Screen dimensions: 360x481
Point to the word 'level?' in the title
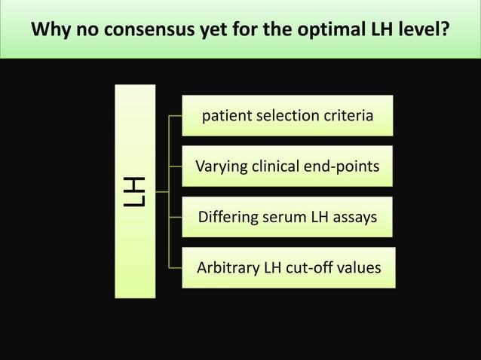click(x=425, y=31)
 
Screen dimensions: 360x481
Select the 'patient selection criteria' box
click(x=287, y=116)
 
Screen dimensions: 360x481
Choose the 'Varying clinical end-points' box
click(x=287, y=166)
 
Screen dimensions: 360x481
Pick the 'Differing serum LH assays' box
click(x=287, y=217)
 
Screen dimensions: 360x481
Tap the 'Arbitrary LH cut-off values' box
click(x=288, y=267)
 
